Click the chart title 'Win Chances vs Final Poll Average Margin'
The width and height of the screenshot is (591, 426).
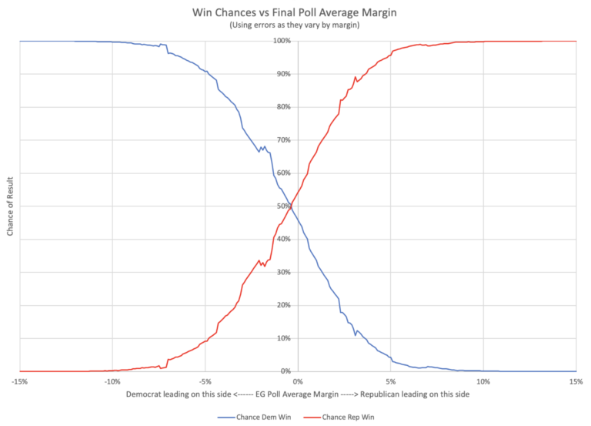(296, 12)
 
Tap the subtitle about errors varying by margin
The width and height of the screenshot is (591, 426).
(296, 26)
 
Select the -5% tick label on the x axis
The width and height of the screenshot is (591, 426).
(205, 381)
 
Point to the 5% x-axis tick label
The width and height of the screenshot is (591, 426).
(390, 381)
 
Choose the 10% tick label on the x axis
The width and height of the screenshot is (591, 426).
(482, 381)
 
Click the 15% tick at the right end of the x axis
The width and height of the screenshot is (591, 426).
(575, 381)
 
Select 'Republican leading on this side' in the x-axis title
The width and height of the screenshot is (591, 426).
(409, 394)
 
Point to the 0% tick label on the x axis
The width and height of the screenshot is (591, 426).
(297, 381)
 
